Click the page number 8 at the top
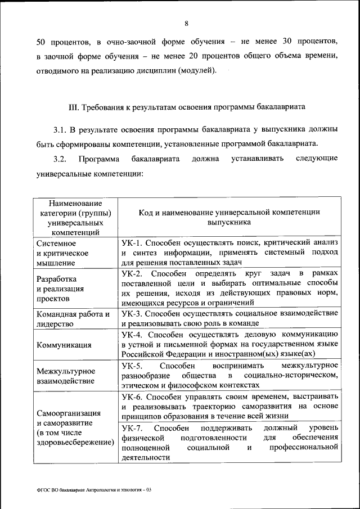(186, 23)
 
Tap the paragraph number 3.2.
(60, 159)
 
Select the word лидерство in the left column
(55, 325)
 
